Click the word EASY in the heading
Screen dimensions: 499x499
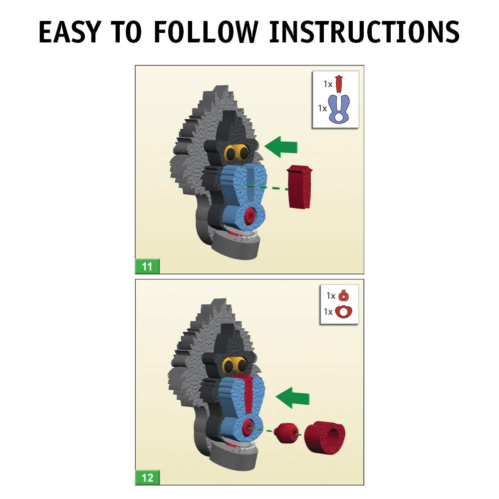[x=70, y=31]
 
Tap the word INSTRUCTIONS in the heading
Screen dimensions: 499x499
[x=364, y=31]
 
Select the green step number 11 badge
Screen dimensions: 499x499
[x=147, y=266]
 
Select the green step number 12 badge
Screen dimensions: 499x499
[x=147, y=478]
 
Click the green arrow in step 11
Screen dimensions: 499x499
[x=280, y=147]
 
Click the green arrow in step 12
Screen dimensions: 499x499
[x=292, y=398]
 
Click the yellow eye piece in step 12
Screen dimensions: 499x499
[x=235, y=365]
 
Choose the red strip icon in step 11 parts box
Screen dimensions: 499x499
[x=339, y=83]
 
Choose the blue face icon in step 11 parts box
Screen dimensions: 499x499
[x=339, y=109]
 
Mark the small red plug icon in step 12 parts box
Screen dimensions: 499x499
[x=343, y=296]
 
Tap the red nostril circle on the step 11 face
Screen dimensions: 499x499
[x=249, y=216]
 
